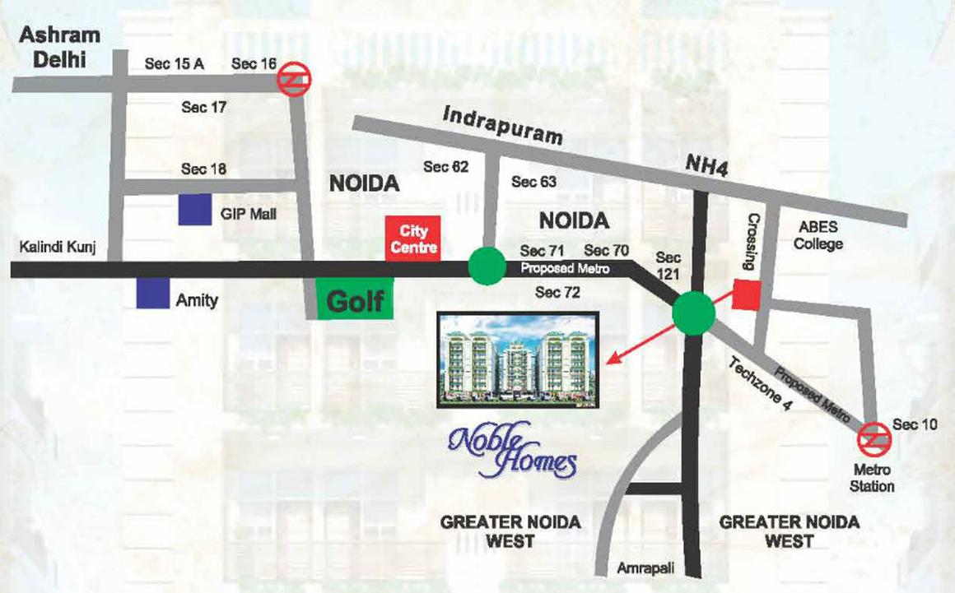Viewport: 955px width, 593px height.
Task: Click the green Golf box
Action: coord(355,301)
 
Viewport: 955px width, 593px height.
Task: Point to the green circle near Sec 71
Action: coord(487,266)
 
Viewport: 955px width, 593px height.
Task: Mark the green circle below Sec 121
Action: coord(693,313)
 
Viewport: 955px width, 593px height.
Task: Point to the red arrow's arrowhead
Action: coord(609,359)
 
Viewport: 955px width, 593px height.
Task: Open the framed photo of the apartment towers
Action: coord(517,359)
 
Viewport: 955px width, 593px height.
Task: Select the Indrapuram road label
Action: coord(502,126)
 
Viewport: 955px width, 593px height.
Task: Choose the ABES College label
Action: coord(819,234)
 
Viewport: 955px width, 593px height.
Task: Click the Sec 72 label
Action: coord(559,292)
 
